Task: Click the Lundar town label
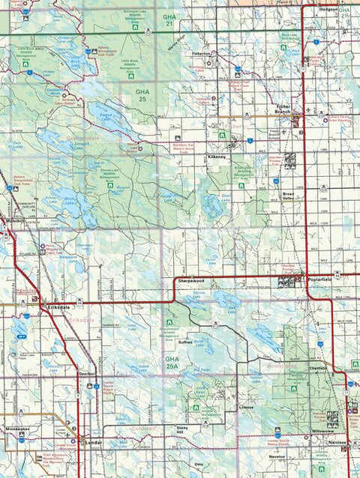tap(94, 443)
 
